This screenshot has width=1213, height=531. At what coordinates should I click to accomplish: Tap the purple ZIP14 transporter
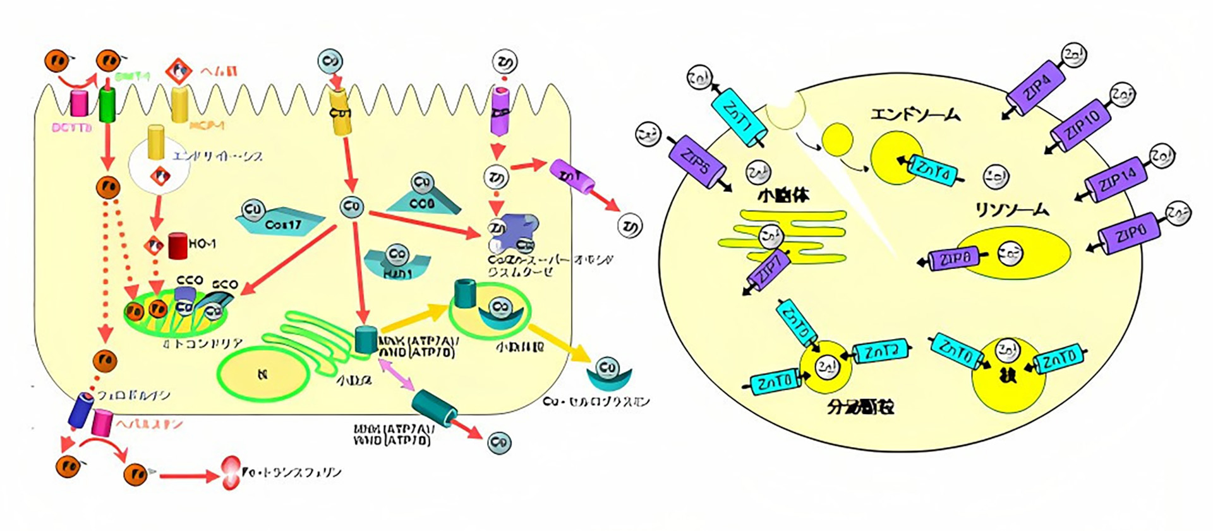(1116, 180)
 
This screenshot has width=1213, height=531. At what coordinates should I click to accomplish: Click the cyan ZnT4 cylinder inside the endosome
(932, 170)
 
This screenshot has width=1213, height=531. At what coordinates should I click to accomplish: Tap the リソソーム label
(1011, 210)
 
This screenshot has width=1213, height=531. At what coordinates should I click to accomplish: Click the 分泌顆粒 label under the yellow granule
(860, 406)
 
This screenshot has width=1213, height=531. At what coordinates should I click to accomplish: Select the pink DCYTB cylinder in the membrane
(79, 104)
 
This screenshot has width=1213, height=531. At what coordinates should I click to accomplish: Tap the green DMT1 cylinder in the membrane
(107, 104)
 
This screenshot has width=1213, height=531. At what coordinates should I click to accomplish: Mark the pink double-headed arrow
(395, 373)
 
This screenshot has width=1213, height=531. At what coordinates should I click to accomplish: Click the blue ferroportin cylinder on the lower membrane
(80, 411)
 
